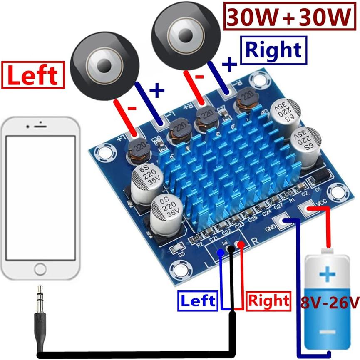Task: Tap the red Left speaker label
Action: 33,75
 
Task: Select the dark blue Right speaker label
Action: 274,50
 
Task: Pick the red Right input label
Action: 268,300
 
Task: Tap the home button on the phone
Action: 40,269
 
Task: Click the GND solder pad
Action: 282,221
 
